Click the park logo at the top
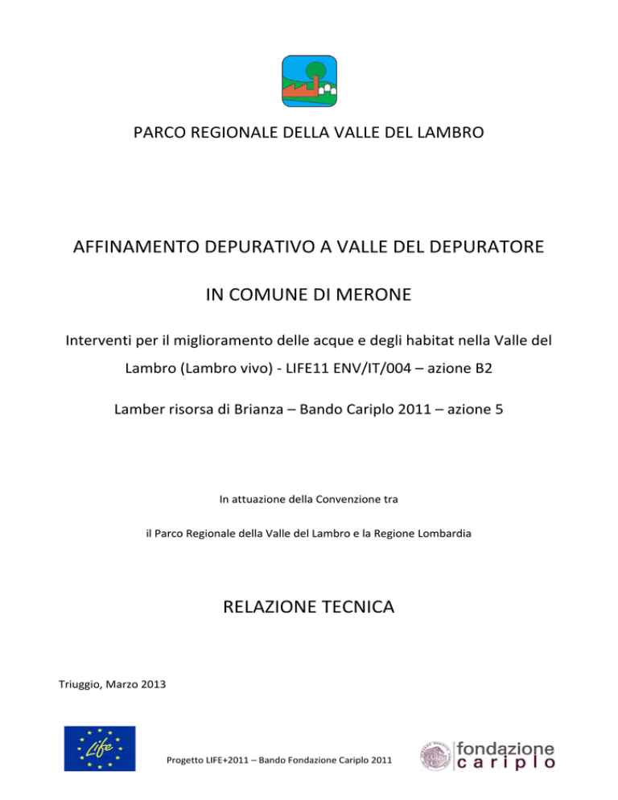click(309, 81)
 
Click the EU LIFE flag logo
click(101, 748)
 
